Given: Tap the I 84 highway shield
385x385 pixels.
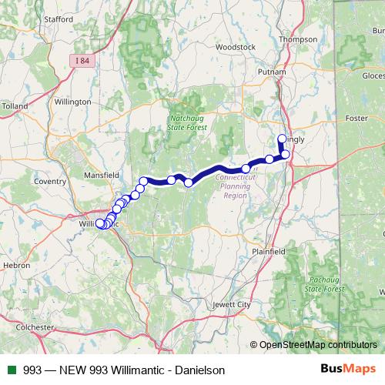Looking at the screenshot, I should (x=84, y=59).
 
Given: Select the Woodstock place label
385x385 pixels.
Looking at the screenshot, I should (x=235, y=47).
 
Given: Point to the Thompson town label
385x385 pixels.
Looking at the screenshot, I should (x=299, y=39).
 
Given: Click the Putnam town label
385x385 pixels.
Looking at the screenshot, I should (x=274, y=72).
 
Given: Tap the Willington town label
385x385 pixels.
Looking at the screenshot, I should (x=73, y=101).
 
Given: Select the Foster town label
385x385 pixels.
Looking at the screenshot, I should (x=357, y=119).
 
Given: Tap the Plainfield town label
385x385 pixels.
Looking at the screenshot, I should (x=269, y=252).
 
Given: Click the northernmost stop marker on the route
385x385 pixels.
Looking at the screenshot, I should (x=282, y=139).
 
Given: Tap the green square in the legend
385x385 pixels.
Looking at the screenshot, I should (x=12, y=370).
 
